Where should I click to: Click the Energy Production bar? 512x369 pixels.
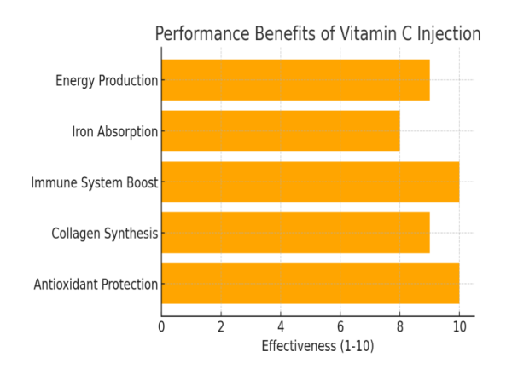[x=295, y=80]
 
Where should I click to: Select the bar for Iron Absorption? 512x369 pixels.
[x=280, y=131]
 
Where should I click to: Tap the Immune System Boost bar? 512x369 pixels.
[x=310, y=182]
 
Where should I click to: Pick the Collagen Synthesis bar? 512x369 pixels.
[x=295, y=233]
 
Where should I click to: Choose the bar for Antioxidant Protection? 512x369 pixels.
[x=310, y=284]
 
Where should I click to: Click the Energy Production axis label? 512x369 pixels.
[x=107, y=81]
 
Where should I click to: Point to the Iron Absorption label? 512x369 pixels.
[x=115, y=132]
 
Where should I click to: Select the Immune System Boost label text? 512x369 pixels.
[x=95, y=182]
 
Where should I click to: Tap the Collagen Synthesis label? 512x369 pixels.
[x=104, y=234]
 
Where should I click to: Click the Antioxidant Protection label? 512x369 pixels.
[x=96, y=285]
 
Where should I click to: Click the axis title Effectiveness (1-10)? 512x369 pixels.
[x=317, y=347]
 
